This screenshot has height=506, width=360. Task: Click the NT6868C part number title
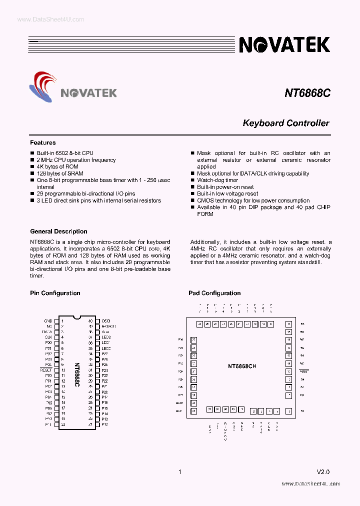point(307,93)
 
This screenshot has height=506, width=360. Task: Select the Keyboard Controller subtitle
point(285,123)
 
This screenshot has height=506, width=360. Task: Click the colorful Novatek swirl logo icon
point(43,86)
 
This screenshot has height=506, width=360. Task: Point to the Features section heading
point(43,142)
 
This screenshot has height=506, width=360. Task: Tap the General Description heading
point(58,231)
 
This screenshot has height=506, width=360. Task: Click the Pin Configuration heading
point(55,293)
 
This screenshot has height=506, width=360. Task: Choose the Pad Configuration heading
point(214,293)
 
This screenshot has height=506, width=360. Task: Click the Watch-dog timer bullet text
point(217,180)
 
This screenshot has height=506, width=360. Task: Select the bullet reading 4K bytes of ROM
point(57,166)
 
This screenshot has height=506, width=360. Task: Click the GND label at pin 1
point(48,321)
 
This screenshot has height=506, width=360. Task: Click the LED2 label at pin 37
point(105,337)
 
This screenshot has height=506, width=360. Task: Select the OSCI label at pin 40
point(105,321)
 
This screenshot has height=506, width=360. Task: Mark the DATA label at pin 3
point(47,331)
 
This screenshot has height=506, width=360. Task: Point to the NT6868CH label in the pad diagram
point(242,366)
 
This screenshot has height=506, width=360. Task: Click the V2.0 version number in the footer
point(323,471)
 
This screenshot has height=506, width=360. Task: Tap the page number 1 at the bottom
point(179,471)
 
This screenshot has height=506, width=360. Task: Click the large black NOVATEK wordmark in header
point(284,45)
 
